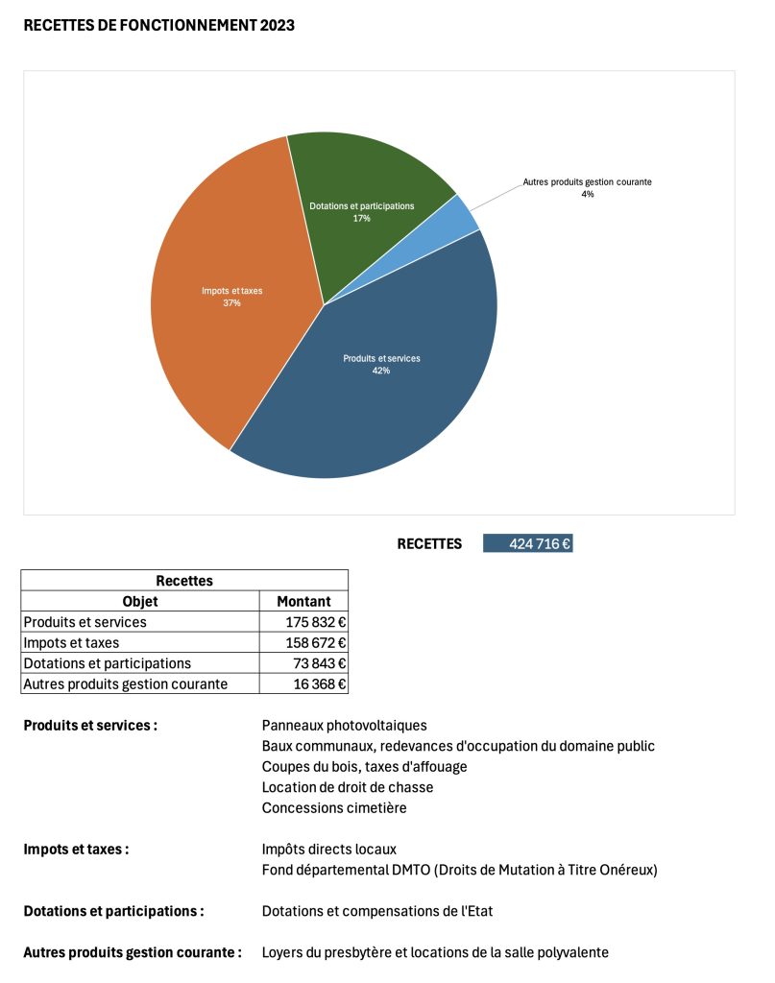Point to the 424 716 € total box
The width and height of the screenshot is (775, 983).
(x=528, y=544)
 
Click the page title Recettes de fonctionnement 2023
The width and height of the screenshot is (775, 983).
(x=158, y=26)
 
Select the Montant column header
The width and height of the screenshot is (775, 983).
(x=303, y=602)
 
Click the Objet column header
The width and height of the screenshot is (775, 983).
(x=140, y=602)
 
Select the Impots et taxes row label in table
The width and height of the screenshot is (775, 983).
(x=71, y=643)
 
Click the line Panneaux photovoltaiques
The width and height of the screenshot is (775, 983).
(x=344, y=726)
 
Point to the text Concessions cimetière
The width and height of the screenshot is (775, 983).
(x=334, y=808)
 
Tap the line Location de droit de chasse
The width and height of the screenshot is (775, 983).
(x=347, y=787)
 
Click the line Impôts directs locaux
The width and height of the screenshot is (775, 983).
(x=328, y=850)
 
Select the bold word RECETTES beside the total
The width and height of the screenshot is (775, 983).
(x=429, y=544)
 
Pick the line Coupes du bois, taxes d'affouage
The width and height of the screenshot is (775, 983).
(x=364, y=767)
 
